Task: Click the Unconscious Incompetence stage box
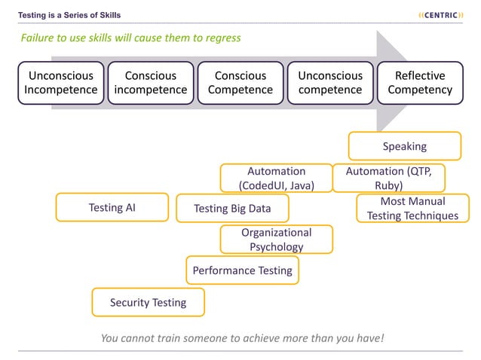60,83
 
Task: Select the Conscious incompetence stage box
150,83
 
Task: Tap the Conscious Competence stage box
240,83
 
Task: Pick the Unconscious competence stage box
330,83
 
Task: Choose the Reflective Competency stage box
420,83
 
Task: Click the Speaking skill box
404,146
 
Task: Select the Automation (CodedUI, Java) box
276,178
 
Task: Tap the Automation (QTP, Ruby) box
388,178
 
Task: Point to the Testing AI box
112,208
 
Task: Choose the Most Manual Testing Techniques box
412,209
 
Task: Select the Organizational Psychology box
276,239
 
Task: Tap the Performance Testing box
242,270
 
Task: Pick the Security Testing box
148,302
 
